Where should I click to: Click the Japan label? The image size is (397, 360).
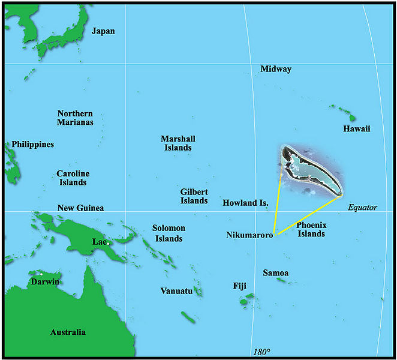point(103,31)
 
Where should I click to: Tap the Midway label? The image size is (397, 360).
point(276,69)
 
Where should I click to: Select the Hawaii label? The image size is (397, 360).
point(356,129)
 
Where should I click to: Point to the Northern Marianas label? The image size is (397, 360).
point(75,118)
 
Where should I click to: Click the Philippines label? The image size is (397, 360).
point(32,145)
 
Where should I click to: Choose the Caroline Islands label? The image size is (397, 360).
point(73,178)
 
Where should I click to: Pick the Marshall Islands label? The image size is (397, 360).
point(178,143)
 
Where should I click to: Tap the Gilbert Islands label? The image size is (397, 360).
point(194,196)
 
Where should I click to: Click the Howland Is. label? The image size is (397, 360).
point(245,203)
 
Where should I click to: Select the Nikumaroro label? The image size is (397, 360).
point(249,235)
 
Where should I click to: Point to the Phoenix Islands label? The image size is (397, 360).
point(311,229)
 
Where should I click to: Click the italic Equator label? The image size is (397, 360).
point(363,208)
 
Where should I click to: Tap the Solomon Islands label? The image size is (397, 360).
point(169,233)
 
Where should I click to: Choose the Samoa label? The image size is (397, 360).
point(276,274)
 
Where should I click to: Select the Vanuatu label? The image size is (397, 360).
point(176,291)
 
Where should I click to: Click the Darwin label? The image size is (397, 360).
point(45,281)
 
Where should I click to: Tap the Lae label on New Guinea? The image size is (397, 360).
point(99,241)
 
